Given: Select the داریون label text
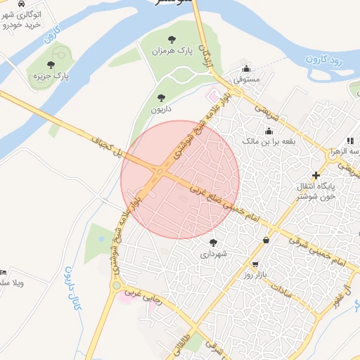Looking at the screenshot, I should pyautogui.click(x=161, y=110).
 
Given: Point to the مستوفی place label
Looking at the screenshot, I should pyautogui.click(x=247, y=79).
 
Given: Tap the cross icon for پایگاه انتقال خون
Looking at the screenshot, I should pyautogui.click(x=316, y=175).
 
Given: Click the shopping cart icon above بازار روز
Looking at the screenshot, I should pyautogui.click(x=257, y=265).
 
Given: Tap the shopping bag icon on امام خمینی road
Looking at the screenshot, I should pyautogui.click(x=266, y=240).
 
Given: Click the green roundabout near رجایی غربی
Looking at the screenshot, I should pyautogui.click(x=116, y=285).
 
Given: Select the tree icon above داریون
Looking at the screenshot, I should pyautogui.click(x=161, y=98).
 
